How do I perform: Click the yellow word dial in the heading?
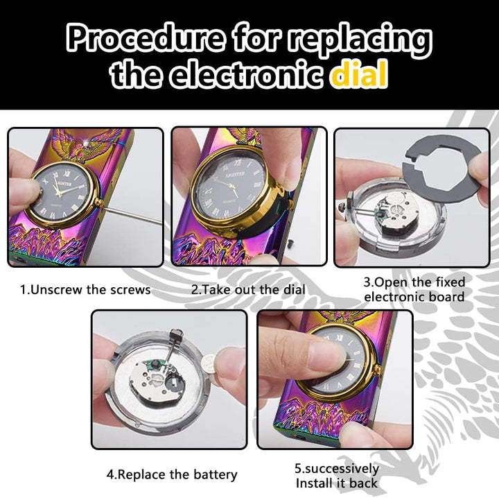359,75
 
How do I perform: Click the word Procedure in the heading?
145,39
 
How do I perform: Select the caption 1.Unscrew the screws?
85,290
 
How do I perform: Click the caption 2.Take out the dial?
248,290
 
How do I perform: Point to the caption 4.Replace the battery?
172,474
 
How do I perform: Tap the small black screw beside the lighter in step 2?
290,244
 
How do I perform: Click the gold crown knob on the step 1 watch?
98,202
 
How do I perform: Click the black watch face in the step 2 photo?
230,188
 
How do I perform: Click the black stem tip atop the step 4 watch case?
176,335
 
